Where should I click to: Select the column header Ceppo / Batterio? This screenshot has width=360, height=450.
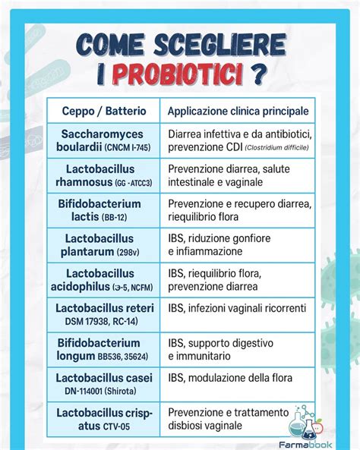pos(104,111)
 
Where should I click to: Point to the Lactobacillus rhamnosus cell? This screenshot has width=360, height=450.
pos(104,175)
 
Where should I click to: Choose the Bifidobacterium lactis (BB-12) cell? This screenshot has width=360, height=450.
pos(104,210)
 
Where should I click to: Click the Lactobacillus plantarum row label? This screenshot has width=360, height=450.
pos(104,244)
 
